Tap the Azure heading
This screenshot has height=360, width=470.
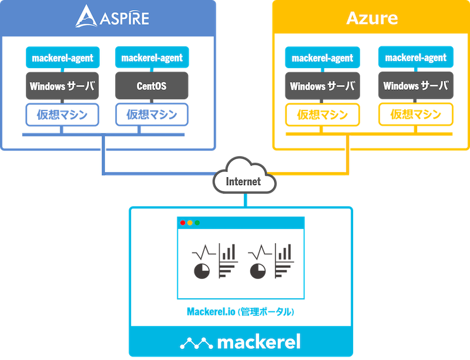(x=372, y=18)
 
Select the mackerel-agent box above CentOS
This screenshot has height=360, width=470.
(x=152, y=58)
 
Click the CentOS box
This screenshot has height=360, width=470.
(x=152, y=86)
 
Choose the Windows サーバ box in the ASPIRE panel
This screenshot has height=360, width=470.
(x=63, y=86)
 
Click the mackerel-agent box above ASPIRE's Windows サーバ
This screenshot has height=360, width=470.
(x=63, y=58)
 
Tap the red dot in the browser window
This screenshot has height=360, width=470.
(x=183, y=223)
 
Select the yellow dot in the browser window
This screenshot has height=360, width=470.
(x=190, y=223)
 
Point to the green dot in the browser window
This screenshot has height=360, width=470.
(x=197, y=223)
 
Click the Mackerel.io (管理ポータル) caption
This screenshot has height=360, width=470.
(x=240, y=312)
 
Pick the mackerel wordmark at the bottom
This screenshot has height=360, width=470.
(x=258, y=341)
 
